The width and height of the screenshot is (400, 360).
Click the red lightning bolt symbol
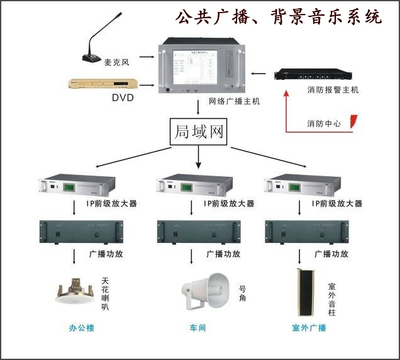click(354, 121)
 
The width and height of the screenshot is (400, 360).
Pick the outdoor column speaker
click(307, 292)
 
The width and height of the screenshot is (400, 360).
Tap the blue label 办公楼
click(81, 328)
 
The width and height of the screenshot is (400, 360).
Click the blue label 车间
click(198, 328)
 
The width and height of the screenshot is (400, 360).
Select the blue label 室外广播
click(309, 328)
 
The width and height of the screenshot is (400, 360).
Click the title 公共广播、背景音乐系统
click(278, 16)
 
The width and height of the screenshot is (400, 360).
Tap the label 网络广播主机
click(234, 101)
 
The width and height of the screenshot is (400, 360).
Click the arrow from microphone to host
click(147, 57)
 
